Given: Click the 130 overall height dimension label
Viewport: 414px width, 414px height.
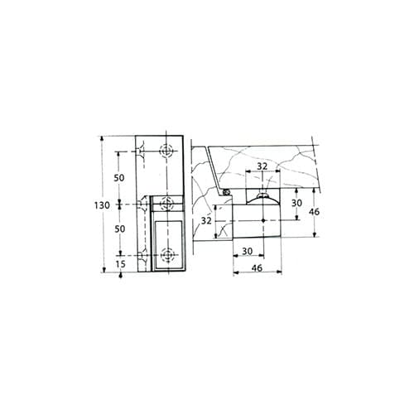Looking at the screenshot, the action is click(x=102, y=205).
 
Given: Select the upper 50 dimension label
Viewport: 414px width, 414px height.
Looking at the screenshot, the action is click(x=119, y=178).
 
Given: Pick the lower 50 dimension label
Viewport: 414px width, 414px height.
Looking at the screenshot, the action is click(x=119, y=229).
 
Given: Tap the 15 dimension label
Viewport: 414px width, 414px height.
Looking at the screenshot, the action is click(x=120, y=264).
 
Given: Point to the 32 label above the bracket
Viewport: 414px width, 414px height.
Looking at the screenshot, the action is click(x=262, y=166).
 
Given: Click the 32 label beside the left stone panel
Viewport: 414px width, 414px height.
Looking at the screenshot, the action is click(x=206, y=220).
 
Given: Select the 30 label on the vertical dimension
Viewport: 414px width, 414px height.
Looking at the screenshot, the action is click(x=296, y=203).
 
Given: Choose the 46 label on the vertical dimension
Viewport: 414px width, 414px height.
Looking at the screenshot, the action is click(x=314, y=212).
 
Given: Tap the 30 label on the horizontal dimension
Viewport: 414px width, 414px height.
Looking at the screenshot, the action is click(x=248, y=251).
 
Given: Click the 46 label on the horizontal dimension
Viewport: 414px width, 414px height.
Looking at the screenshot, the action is click(x=257, y=267).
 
